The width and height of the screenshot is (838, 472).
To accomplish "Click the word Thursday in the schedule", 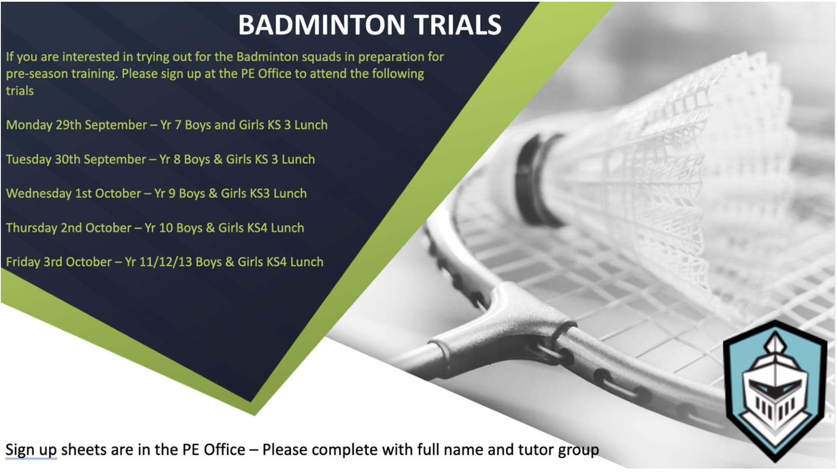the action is point(31,228).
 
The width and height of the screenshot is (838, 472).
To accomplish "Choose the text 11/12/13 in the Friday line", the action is point(165,262).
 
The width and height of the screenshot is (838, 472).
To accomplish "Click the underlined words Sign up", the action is point(31,450).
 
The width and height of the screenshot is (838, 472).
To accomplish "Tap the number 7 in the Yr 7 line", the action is point(178,125).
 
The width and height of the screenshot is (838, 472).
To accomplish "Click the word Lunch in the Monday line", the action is point(311,125).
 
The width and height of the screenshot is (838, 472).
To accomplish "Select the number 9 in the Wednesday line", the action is point(172,193).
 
